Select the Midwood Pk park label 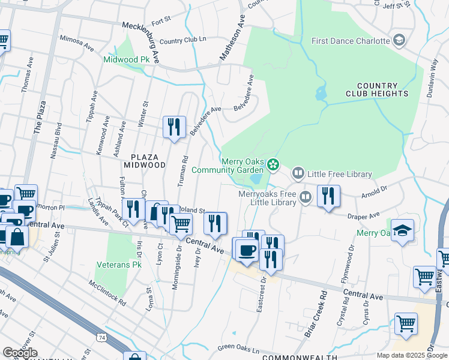click(126, 60)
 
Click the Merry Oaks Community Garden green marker click(274, 163)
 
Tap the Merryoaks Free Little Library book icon click(306, 197)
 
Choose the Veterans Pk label click(117, 265)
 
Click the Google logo click(20, 353)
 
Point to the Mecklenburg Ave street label click(142, 42)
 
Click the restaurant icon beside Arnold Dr click(328, 196)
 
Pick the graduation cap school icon click(402, 230)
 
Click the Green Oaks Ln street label click(238, 348)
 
